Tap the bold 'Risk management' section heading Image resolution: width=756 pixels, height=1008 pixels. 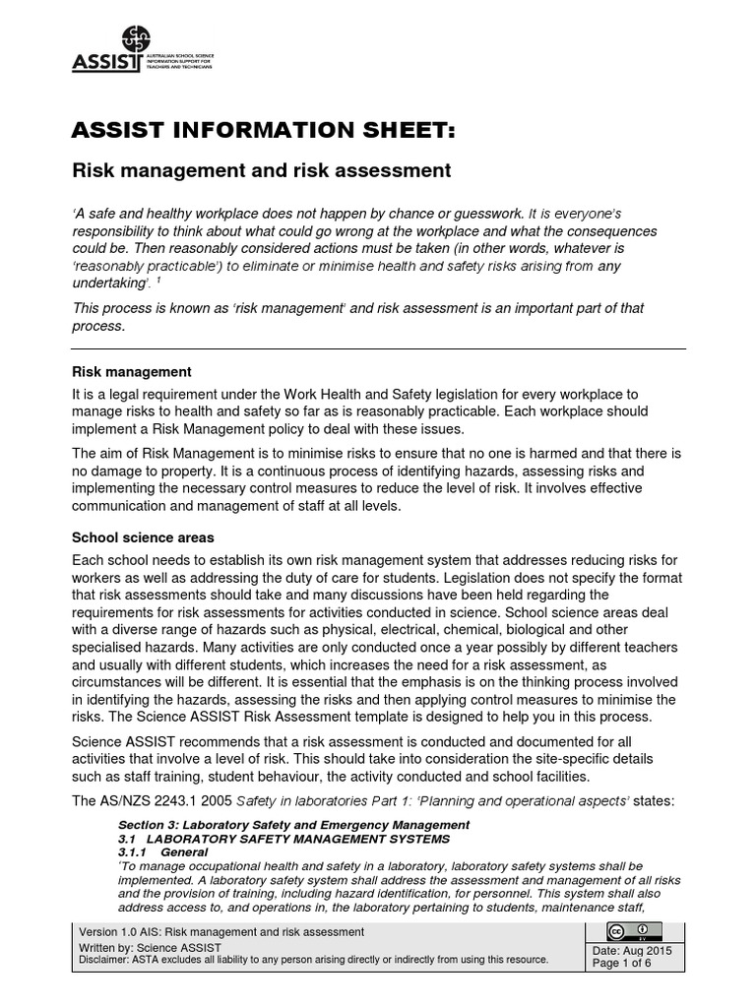[x=132, y=372]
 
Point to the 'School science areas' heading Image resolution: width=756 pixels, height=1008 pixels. [x=144, y=538]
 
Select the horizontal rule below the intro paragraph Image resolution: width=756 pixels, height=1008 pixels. [x=378, y=348]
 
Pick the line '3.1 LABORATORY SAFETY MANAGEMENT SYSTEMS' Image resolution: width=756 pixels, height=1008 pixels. [x=283, y=838]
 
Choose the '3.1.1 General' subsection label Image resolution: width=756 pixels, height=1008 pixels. [x=162, y=851]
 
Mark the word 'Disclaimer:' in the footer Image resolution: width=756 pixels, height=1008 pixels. [x=105, y=960]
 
